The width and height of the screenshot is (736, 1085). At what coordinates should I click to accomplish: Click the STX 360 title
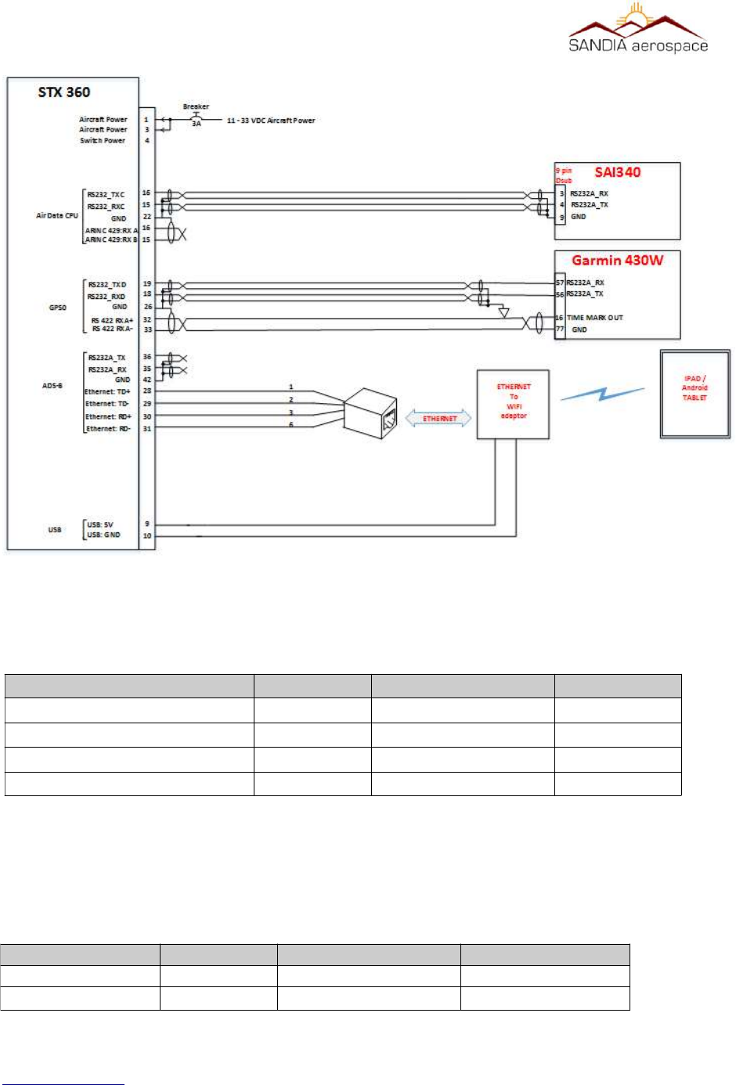pyautogui.click(x=64, y=92)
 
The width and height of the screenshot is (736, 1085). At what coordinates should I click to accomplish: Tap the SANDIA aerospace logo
pyautogui.click(x=638, y=30)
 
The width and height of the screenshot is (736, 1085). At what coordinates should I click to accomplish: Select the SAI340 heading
pyautogui.click(x=617, y=172)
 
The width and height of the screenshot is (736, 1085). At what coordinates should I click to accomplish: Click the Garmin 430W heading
pyautogui.click(x=617, y=261)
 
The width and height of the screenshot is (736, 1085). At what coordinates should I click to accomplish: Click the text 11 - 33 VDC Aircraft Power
pyautogui.click(x=271, y=121)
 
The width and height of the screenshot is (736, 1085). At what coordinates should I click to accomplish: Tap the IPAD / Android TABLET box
pyautogui.click(x=695, y=393)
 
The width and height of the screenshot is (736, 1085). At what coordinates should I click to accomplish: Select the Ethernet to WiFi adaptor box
pyautogui.click(x=514, y=403)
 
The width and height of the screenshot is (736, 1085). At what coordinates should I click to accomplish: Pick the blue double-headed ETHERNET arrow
pyautogui.click(x=439, y=419)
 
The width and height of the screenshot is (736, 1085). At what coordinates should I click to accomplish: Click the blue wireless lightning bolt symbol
pyautogui.click(x=602, y=394)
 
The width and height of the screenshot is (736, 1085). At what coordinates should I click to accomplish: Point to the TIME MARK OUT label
pyautogui.click(x=595, y=318)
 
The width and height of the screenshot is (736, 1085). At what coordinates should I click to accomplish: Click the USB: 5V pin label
pyautogui.click(x=100, y=524)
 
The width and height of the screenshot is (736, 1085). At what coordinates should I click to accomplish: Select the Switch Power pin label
pyautogui.click(x=103, y=141)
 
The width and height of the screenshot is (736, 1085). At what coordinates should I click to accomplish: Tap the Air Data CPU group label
pyautogui.click(x=56, y=215)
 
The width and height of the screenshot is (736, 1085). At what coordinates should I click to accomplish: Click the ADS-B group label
pyautogui.click(x=52, y=386)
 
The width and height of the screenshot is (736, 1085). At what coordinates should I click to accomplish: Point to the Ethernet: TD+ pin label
pyautogui.click(x=107, y=391)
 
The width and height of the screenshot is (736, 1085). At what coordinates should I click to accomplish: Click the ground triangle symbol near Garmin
pyautogui.click(x=503, y=313)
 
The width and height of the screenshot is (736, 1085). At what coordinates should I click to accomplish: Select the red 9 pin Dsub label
pyautogui.click(x=564, y=175)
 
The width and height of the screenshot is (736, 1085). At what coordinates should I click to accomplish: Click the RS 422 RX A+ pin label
pyautogui.click(x=112, y=320)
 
